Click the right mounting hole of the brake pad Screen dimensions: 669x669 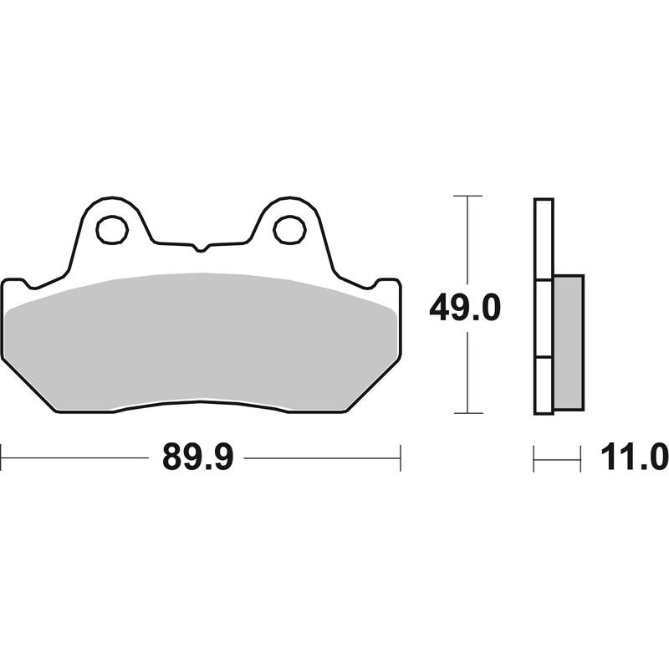(289, 227)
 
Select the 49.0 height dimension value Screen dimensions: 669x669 (464, 308)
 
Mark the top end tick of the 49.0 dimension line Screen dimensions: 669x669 (468, 196)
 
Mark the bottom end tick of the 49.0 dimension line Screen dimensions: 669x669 (468, 413)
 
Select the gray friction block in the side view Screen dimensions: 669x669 (568, 343)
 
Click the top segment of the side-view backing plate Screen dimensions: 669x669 (543, 239)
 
